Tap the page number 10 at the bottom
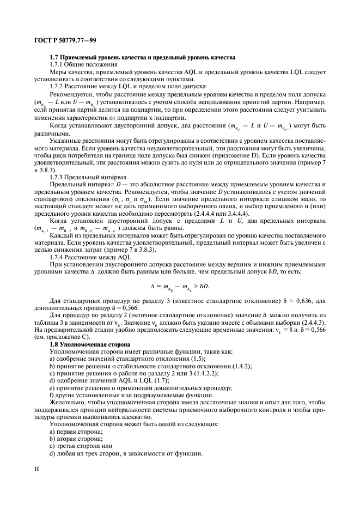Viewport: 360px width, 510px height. click(x=36, y=467)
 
